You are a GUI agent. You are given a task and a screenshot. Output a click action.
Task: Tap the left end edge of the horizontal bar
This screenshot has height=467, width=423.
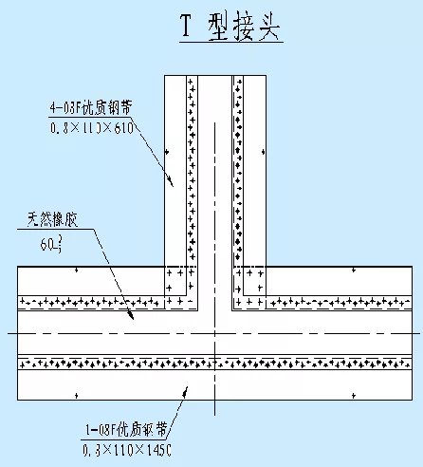pyautogui.click(x=18, y=332)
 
